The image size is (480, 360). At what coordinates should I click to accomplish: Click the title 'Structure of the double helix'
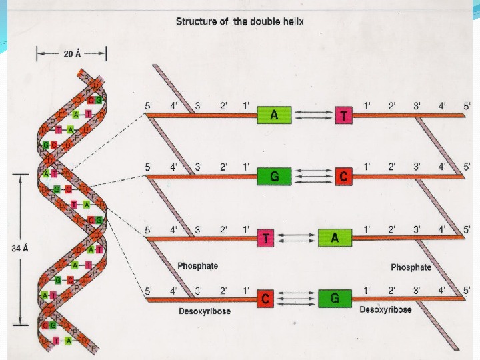click(239, 21)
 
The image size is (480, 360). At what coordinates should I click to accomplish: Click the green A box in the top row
click(274, 115)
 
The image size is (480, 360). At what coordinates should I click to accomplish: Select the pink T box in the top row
click(344, 115)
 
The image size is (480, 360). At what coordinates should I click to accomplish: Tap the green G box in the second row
click(274, 176)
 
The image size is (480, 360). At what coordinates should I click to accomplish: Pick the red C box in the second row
click(344, 176)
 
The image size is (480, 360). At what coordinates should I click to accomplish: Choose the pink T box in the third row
click(266, 238)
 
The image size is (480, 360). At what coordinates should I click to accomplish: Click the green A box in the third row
click(335, 238)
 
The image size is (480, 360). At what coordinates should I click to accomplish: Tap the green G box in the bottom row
click(335, 299)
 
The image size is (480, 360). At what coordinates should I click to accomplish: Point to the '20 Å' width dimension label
click(72, 55)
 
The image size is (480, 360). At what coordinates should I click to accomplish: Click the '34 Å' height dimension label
click(21, 248)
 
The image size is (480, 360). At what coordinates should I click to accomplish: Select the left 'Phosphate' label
click(197, 265)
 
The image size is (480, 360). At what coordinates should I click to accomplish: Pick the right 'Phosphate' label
click(411, 267)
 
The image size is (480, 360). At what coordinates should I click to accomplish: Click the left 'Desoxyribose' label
click(205, 311)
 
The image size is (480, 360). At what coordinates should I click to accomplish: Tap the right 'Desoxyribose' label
click(385, 309)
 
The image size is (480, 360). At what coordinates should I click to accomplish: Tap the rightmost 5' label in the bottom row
click(467, 290)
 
